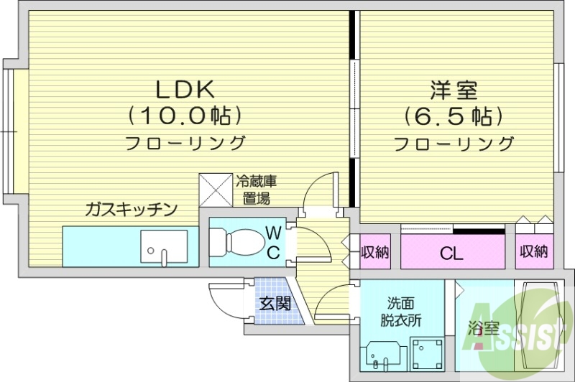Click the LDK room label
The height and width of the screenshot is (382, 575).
click(185, 90)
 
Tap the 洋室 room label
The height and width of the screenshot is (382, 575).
click(454, 90)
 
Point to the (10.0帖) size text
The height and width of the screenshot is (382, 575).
click(185, 115)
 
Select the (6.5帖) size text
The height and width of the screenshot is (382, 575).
click(454, 115)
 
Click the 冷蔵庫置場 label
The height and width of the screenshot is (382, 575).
click(257, 190)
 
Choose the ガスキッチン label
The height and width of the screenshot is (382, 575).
click(131, 210)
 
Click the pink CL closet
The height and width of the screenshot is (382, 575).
click(453, 253)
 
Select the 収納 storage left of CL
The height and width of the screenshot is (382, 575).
click(375, 252)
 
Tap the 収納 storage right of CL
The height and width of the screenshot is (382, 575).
click(534, 252)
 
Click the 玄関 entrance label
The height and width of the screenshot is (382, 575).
click(275, 303)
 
